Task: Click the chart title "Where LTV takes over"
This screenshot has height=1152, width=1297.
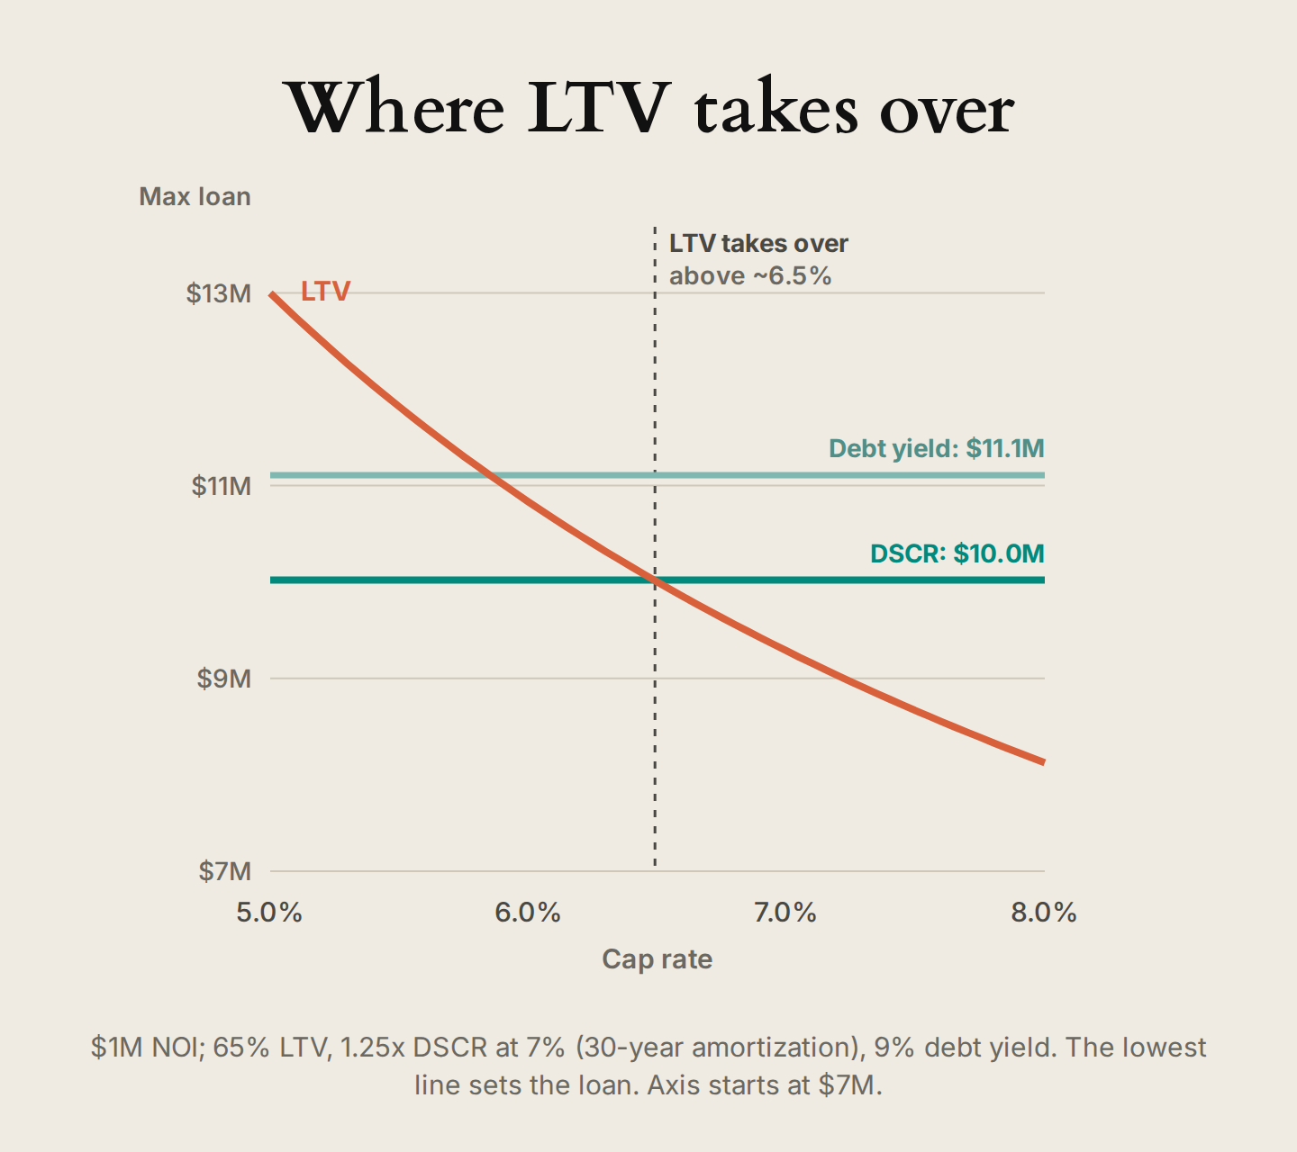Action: point(648,106)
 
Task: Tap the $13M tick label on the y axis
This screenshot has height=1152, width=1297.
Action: point(218,293)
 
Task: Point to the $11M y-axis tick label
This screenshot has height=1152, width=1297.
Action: point(221,486)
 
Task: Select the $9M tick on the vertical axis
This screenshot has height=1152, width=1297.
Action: point(223,679)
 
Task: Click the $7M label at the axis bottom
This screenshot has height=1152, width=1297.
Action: point(224,871)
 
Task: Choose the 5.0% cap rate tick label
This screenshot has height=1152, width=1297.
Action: point(269,912)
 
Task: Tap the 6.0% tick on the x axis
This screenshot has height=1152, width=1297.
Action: point(528,912)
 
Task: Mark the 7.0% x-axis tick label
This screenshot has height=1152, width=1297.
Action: point(785,912)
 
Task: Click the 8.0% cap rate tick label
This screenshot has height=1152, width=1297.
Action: point(1044,912)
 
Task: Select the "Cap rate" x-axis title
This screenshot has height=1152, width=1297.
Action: point(657,959)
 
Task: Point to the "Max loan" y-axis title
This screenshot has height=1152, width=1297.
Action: point(195,196)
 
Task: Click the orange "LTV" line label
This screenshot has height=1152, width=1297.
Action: point(326,291)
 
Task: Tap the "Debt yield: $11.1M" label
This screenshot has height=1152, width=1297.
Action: point(937,448)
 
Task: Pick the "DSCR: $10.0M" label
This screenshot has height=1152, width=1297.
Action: point(957,553)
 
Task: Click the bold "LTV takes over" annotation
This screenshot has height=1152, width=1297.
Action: point(758,244)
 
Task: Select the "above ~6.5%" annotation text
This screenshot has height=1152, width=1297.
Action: point(750,276)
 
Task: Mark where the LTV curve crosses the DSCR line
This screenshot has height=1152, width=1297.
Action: point(655,580)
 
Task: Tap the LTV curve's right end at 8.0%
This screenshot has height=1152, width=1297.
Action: point(1044,761)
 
